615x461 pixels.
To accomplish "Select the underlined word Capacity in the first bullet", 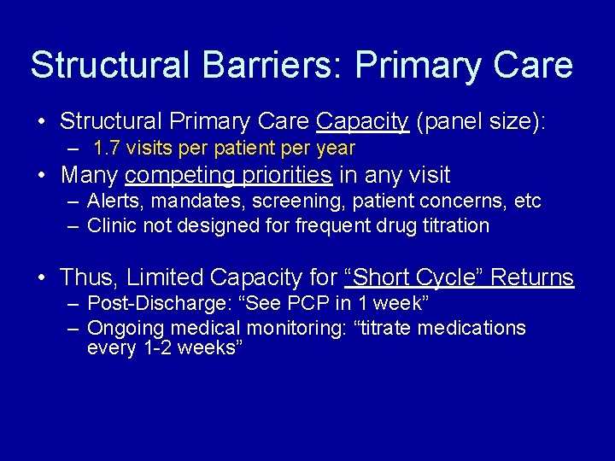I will tap(362, 121).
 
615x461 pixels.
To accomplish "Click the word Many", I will tap(90, 176).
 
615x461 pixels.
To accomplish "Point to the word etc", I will tap(528, 201).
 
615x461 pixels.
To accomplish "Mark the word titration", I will tap(456, 225).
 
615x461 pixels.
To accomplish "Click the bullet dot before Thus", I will tap(42, 278).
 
